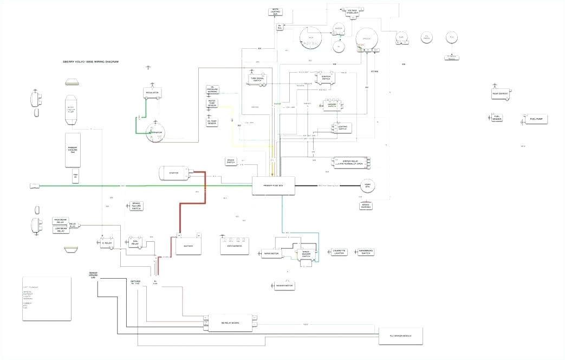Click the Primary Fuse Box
(x=273, y=185)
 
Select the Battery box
(x=188, y=246)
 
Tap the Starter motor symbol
(x=174, y=173)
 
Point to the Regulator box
(x=152, y=93)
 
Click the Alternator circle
(x=155, y=132)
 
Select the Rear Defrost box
(x=501, y=94)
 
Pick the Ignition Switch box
(x=326, y=78)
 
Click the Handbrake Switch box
(x=366, y=252)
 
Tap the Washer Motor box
(x=282, y=285)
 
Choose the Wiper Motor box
(x=271, y=253)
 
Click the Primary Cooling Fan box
(x=73, y=149)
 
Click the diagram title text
(x=90, y=62)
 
